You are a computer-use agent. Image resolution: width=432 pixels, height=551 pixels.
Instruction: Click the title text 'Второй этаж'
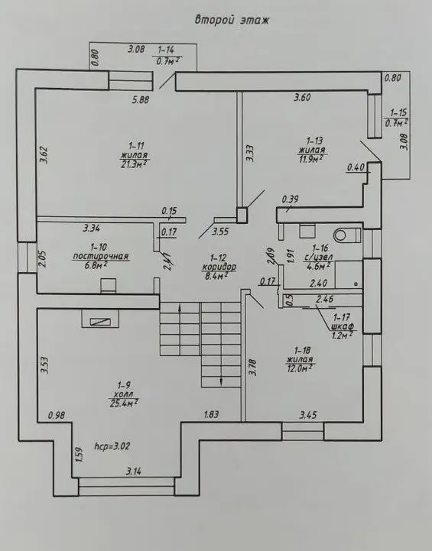[x=232, y=20]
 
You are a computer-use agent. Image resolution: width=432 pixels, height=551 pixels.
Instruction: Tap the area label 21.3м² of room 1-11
[x=134, y=164]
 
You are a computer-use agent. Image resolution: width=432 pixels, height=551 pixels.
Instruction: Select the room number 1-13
[x=314, y=141]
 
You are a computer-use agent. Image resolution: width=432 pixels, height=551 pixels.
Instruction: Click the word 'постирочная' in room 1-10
[x=101, y=257]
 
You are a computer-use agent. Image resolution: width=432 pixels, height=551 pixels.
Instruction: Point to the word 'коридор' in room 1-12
[x=219, y=267]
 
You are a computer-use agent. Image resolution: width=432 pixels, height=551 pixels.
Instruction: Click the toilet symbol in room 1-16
[x=347, y=235]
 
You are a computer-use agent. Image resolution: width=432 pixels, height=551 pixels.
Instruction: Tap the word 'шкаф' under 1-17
[x=342, y=326]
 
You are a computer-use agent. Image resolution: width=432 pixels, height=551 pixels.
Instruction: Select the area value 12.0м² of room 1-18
[x=300, y=368]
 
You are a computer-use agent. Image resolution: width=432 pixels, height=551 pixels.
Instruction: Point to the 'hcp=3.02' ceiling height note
[x=112, y=446]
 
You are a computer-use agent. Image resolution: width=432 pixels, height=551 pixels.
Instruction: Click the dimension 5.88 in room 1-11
[x=141, y=100]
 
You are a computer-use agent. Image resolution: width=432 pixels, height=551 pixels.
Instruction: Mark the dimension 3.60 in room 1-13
[x=302, y=97]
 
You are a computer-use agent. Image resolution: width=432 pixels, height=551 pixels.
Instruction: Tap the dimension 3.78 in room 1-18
[x=253, y=368]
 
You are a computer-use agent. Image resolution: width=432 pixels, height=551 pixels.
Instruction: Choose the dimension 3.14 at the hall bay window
[x=134, y=472]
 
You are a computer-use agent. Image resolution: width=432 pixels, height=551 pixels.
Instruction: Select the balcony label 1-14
[x=166, y=50]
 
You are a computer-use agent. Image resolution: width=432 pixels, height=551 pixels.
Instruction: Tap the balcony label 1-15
[x=398, y=113]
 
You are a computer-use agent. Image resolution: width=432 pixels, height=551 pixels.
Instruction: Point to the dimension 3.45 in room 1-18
[x=308, y=415]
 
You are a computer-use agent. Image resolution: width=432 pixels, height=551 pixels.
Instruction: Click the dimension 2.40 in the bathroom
[x=319, y=283]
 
